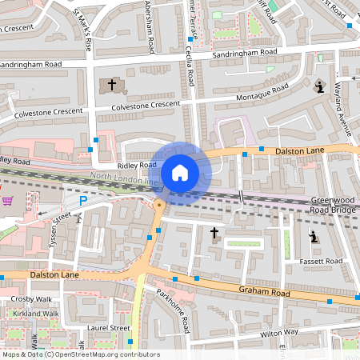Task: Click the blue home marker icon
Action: (x=180, y=173)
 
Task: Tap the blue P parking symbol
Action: (x=82, y=201)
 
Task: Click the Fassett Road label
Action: (x=322, y=262)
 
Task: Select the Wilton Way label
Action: (x=279, y=331)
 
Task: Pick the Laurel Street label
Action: (x=110, y=328)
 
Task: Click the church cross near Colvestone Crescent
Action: (x=111, y=84)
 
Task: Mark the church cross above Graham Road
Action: (x=214, y=233)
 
